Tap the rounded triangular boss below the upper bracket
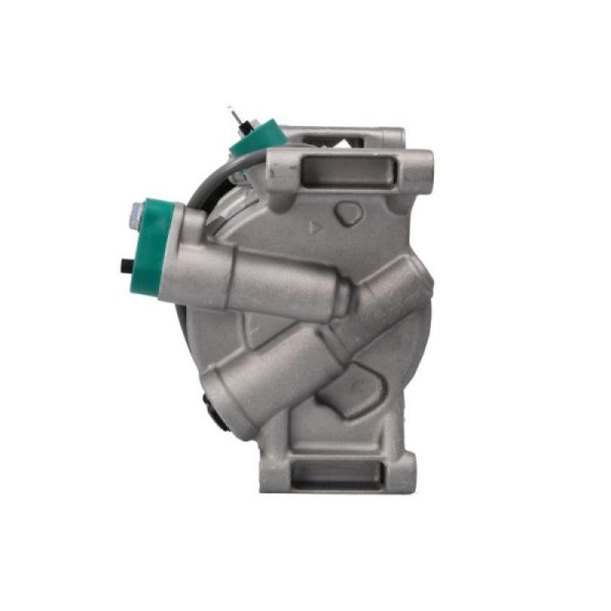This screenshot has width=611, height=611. pyautogui.click(x=350, y=212)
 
